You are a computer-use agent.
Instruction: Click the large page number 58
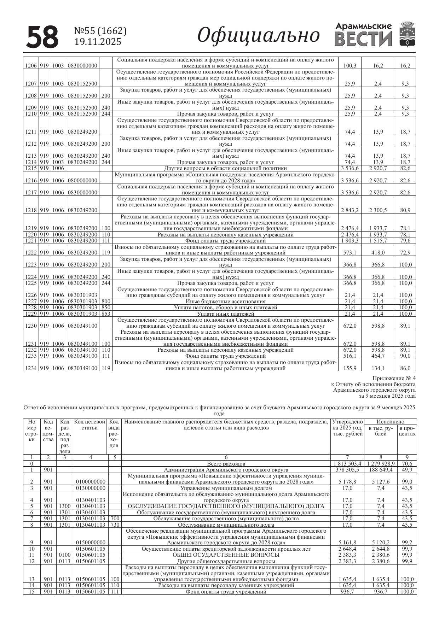pyautogui.click(x=42, y=37)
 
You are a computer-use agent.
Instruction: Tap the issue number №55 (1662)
pyautogui.click(x=100, y=31)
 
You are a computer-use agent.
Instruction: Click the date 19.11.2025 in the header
pyautogui.click(x=98, y=42)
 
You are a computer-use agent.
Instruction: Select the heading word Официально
pyautogui.click(x=259, y=35)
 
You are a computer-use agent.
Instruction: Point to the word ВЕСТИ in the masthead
pyautogui.click(x=363, y=39)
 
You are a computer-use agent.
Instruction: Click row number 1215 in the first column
pyautogui.click(x=31, y=168)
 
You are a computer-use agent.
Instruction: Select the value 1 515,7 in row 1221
pyautogui.click(x=378, y=241)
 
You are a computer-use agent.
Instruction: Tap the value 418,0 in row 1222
pyautogui.click(x=378, y=253)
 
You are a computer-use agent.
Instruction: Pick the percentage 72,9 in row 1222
pyautogui.click(x=405, y=253)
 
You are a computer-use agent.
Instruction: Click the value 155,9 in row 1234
pyautogui.click(x=350, y=368)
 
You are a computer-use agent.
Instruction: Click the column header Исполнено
pyautogui.click(x=390, y=422)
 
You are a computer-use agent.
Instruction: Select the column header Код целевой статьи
pyautogui.click(x=90, y=425)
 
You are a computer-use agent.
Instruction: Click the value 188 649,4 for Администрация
pyautogui.click(x=381, y=470)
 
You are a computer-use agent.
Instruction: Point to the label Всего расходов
pyautogui.click(x=226, y=463)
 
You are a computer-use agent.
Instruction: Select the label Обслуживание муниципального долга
pyautogui.click(x=226, y=525)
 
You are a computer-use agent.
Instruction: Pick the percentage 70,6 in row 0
pyautogui.click(x=407, y=463)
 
